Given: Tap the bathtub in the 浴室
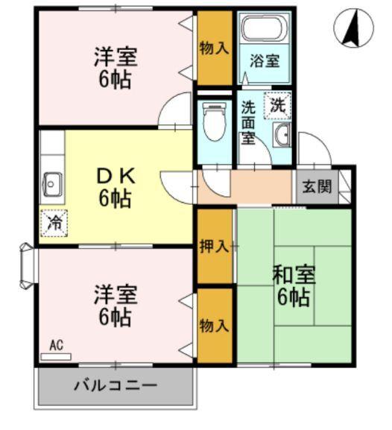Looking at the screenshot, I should (265, 31).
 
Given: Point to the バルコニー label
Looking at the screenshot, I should (115, 387).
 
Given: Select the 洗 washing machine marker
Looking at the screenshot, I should (277, 105).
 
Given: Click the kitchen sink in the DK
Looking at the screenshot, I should (52, 181).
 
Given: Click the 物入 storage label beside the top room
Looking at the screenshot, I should (215, 48).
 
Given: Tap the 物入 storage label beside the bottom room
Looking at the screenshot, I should (215, 326).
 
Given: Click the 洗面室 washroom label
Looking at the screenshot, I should (249, 121).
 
